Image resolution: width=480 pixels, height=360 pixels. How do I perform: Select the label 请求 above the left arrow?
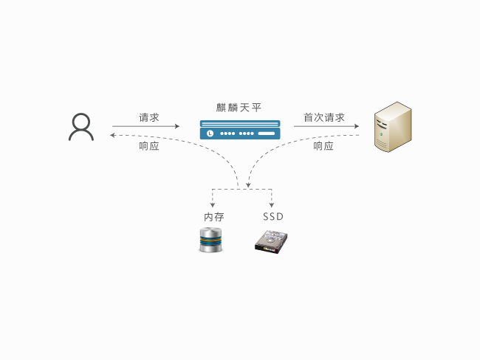(x=149, y=117)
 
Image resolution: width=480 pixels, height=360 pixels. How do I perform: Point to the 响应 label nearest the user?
(x=149, y=146)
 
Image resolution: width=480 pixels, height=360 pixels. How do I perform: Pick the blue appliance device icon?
(x=241, y=130)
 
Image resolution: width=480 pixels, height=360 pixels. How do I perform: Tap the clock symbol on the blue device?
(x=210, y=134)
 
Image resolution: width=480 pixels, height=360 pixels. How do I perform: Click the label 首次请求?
(x=324, y=117)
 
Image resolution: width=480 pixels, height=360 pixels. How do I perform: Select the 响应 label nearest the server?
(x=324, y=146)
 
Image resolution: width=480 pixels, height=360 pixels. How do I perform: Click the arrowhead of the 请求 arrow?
(x=177, y=126)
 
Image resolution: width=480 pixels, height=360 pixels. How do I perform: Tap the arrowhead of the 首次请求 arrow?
(x=357, y=126)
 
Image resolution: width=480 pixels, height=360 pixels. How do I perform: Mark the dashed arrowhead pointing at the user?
(x=112, y=135)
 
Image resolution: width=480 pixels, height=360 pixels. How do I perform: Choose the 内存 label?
(x=214, y=217)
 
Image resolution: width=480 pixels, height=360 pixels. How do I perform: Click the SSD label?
(x=273, y=217)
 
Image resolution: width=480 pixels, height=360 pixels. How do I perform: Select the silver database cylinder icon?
(x=210, y=241)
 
